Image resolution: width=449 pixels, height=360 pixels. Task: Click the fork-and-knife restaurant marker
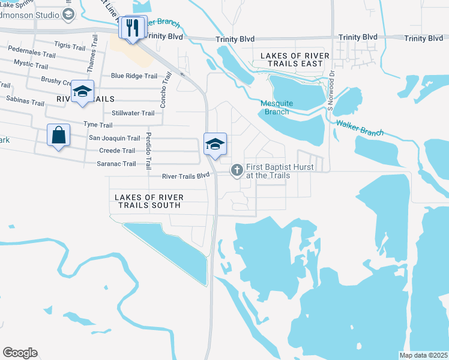[x=133, y=27]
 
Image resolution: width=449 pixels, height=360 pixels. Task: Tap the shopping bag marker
[x=59, y=136]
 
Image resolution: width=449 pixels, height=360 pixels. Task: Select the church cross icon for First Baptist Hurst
[x=237, y=172]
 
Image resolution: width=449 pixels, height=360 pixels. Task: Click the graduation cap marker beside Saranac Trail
[x=215, y=144]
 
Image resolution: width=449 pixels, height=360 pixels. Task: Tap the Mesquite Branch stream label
[x=276, y=107]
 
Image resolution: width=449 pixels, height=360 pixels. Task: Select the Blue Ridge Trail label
[x=134, y=76]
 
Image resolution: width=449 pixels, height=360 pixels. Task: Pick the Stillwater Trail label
[x=133, y=113]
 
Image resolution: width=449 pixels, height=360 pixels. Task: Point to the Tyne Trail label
[x=98, y=125]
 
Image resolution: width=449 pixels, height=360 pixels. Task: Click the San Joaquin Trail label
[x=114, y=138]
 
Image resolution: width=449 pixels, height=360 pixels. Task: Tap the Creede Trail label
[x=117, y=151]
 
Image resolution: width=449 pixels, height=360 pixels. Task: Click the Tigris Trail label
[x=70, y=46]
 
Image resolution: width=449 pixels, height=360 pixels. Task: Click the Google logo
[x=20, y=353]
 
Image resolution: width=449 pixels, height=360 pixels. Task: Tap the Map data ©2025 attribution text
[x=423, y=355]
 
